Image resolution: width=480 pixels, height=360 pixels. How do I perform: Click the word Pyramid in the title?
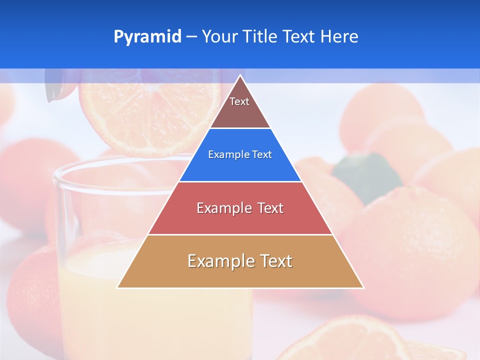[x=147, y=37]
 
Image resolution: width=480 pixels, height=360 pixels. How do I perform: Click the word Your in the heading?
[x=220, y=37]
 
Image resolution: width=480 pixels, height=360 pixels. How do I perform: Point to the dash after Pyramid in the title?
[x=191, y=37]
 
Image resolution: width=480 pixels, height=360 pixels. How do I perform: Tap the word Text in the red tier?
[x=268, y=208]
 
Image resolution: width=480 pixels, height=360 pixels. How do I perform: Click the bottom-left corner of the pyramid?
[x=118, y=287]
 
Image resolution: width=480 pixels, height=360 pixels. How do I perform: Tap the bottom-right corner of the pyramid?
[x=363, y=287]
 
